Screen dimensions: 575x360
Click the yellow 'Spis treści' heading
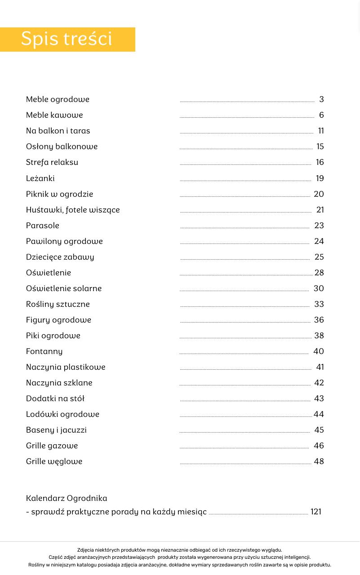pyautogui.click(x=67, y=39)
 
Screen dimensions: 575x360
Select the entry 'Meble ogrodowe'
pyautogui.click(x=58, y=99)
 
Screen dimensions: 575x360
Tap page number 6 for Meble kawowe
pyautogui.click(x=321, y=115)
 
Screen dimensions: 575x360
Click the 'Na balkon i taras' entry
pyautogui.click(x=58, y=131)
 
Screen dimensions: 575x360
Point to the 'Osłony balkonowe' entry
pyautogui.click(x=62, y=146)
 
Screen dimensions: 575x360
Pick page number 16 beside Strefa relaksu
pyautogui.click(x=320, y=162)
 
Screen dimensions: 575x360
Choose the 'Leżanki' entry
pyautogui.click(x=40, y=178)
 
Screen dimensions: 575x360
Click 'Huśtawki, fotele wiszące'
pyautogui.click(x=73, y=210)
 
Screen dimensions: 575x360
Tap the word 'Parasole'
pyautogui.click(x=43, y=226)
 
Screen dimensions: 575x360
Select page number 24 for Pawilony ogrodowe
pyautogui.click(x=319, y=241)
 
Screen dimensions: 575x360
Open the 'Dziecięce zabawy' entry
pyautogui.click(x=60, y=257)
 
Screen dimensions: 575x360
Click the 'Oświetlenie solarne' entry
pyautogui.click(x=64, y=288)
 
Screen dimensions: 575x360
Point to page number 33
pyautogui.click(x=319, y=304)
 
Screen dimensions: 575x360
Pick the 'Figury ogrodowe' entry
pyautogui.click(x=58, y=320)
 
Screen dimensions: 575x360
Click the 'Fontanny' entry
pyautogui.click(x=44, y=351)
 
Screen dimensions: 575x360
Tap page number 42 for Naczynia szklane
pyautogui.click(x=319, y=383)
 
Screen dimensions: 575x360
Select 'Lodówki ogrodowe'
pyautogui.click(x=62, y=414)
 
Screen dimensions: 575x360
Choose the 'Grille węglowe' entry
pyautogui.click(x=54, y=461)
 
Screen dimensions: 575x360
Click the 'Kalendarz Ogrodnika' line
pyautogui.click(x=67, y=498)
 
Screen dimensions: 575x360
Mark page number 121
pyautogui.click(x=316, y=512)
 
